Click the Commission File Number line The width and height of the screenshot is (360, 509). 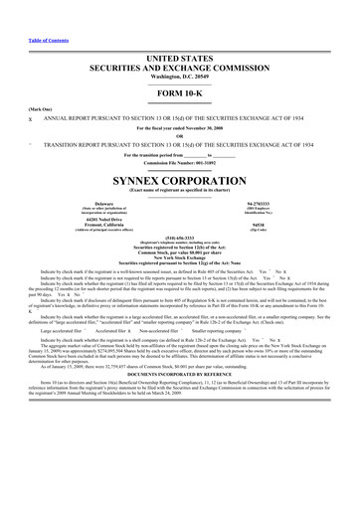(179, 147)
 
